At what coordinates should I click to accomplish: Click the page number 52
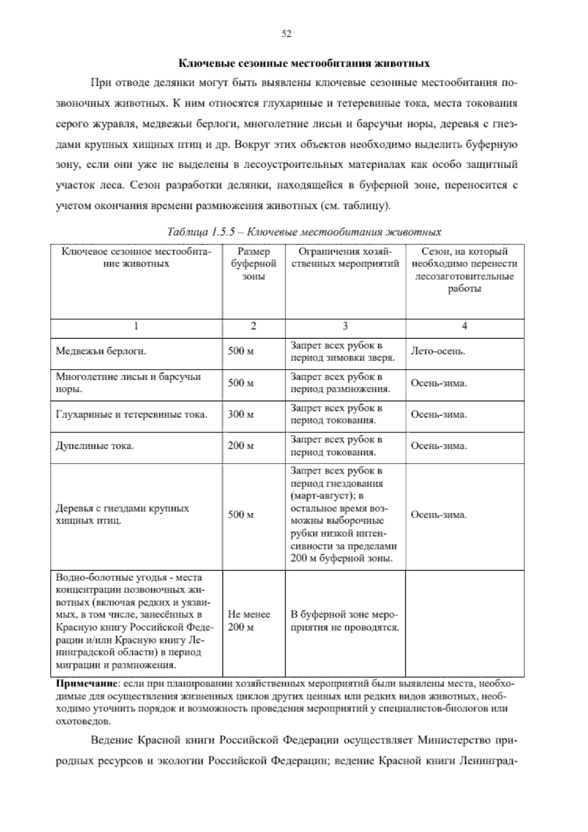(287, 33)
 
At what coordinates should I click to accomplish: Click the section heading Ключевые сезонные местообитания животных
(303, 64)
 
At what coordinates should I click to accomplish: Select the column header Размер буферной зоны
(253, 264)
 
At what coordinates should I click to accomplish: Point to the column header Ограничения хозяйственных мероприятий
(345, 258)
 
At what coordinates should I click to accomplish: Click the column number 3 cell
(345, 326)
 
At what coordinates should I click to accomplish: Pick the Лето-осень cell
(438, 351)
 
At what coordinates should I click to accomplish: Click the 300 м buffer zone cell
(241, 414)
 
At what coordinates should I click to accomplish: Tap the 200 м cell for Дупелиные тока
(241, 445)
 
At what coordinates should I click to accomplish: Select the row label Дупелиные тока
(95, 446)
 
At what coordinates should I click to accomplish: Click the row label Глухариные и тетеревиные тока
(131, 415)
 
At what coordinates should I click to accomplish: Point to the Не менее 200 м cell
(249, 620)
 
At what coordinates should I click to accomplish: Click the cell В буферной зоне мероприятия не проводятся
(344, 620)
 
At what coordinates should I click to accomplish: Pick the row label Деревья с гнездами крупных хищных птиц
(122, 514)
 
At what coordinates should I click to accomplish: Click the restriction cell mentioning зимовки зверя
(343, 351)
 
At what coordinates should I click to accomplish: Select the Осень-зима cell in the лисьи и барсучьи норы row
(439, 383)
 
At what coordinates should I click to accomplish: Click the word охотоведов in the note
(83, 721)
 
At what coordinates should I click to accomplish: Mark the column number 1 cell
(136, 326)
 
